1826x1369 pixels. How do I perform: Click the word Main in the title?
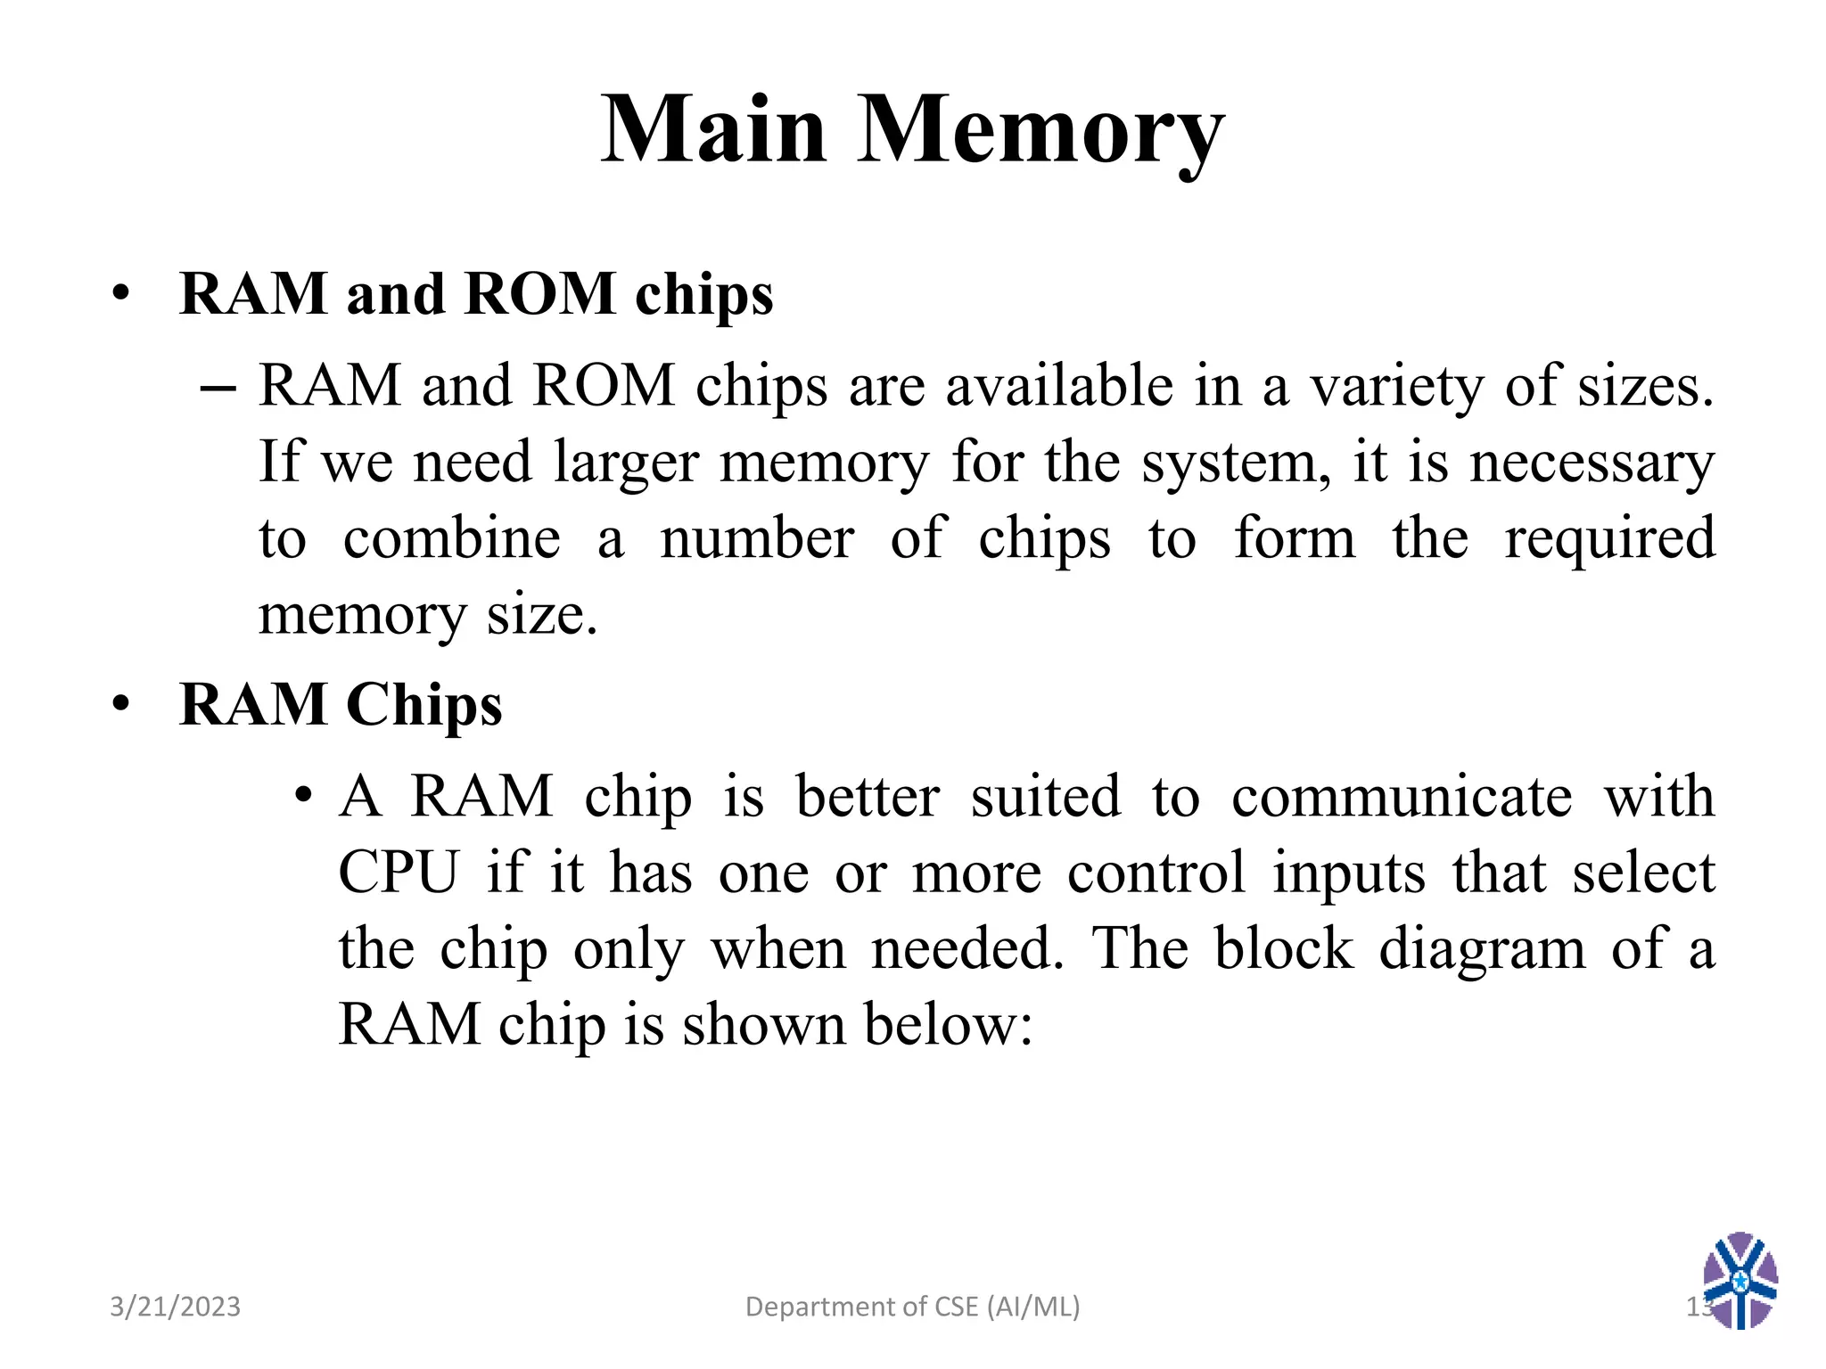(713, 130)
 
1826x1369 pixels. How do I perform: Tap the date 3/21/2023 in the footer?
(175, 1307)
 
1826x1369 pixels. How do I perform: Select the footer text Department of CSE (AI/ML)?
(912, 1307)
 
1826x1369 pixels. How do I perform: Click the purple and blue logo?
(1740, 1280)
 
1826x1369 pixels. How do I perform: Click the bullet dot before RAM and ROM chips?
(121, 293)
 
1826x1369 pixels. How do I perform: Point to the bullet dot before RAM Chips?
(121, 704)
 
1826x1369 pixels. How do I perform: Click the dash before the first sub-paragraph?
(218, 389)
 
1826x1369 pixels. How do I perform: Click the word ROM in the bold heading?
(539, 293)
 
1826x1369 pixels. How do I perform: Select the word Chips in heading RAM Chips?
(424, 706)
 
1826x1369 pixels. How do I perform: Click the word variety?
(1396, 389)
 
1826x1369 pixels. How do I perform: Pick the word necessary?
(1592, 463)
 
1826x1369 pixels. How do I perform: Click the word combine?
(451, 539)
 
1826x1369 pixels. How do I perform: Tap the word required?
(1609, 539)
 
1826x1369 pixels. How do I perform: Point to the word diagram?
(1482, 948)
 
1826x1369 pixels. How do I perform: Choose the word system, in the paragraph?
(1236, 463)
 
